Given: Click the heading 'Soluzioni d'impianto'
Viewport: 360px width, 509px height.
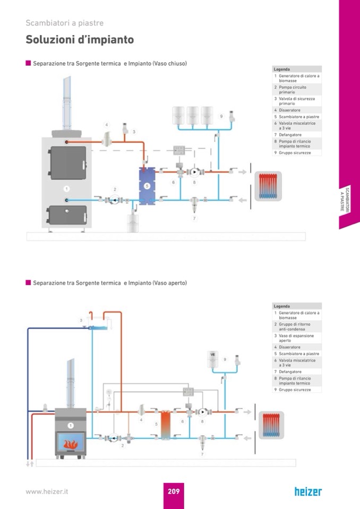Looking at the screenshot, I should click(80, 40).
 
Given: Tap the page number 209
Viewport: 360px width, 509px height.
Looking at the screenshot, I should click(174, 491).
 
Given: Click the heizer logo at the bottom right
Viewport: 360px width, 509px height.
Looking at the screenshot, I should click(308, 491).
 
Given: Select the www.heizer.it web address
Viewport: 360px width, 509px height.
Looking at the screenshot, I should click(47, 491).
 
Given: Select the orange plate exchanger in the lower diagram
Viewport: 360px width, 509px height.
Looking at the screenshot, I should click(166, 425).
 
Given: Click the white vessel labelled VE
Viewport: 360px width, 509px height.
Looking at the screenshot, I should click(213, 361).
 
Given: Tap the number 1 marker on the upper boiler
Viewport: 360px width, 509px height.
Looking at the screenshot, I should click(66, 188).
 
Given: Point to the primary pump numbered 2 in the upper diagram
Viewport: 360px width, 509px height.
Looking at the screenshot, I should click(114, 200).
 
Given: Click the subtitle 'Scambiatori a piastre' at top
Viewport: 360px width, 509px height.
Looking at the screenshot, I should click(64, 23).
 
